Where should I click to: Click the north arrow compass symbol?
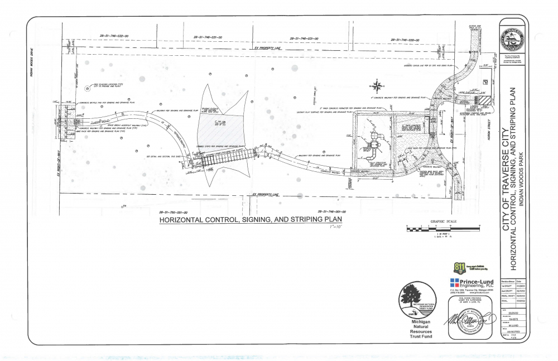pos(377,86)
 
